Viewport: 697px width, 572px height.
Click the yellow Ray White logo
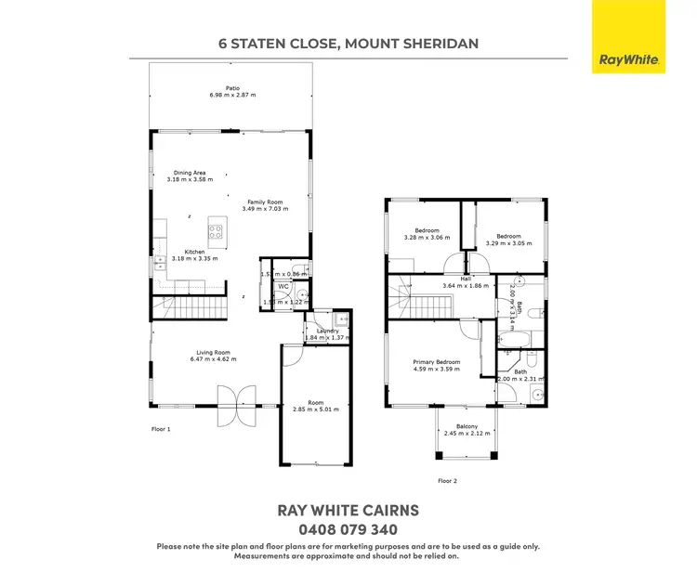pyautogui.click(x=629, y=37)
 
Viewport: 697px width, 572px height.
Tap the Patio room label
pyautogui.click(x=219, y=89)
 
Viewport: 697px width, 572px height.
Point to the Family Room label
pyautogui.click(x=265, y=202)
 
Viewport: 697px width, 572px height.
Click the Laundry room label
pyautogui.click(x=327, y=331)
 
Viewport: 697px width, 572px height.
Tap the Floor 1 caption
pyautogui.click(x=163, y=429)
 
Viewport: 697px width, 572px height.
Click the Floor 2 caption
pyautogui.click(x=449, y=481)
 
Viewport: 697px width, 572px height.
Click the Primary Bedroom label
pyautogui.click(x=436, y=362)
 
